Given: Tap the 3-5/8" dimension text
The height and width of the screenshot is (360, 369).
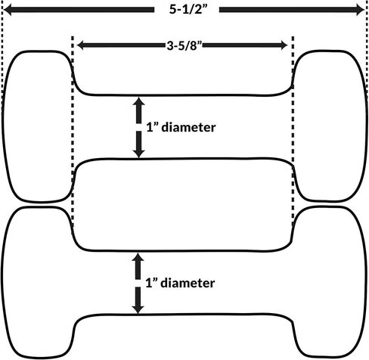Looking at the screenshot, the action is [x=184, y=45].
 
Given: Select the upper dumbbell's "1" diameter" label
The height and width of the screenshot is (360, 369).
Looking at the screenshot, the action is [x=181, y=127].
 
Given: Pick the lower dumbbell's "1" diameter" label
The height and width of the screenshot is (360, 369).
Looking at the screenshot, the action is [x=180, y=283].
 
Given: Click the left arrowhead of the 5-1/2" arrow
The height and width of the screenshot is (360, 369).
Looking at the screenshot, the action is [x=7, y=10].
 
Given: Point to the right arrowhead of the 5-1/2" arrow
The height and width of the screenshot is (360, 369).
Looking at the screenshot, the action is [x=360, y=10].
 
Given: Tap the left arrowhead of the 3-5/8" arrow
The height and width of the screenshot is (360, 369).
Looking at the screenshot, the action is [x=81, y=45].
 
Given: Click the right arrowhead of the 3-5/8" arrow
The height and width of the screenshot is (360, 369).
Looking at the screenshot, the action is [x=284, y=45].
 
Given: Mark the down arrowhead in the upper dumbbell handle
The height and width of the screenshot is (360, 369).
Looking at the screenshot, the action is [x=138, y=154].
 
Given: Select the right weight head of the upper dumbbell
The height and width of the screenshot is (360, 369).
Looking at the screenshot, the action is [x=330, y=126].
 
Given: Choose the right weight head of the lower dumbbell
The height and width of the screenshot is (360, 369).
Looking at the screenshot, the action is [x=330, y=282].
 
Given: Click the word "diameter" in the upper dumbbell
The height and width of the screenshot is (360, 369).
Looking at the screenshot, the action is [x=188, y=127].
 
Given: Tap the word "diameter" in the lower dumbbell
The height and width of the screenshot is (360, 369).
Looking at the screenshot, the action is [x=188, y=283].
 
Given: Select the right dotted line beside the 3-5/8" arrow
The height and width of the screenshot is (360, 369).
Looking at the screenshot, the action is [x=293, y=131].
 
